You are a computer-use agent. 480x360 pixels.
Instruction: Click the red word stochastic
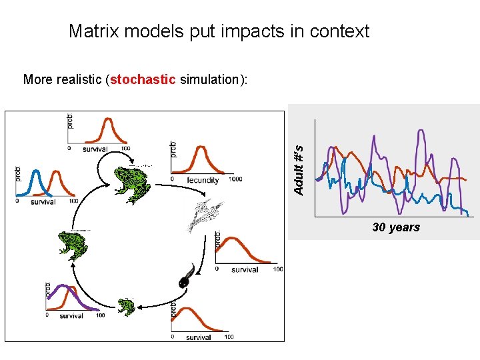click(143, 80)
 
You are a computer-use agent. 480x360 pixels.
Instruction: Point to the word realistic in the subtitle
click(78, 80)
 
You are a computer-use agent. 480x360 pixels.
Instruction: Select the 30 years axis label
click(396, 227)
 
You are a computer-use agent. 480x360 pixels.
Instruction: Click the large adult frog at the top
click(131, 181)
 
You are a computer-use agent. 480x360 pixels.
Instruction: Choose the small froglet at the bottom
click(126, 307)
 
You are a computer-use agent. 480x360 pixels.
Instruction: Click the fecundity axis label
click(203, 180)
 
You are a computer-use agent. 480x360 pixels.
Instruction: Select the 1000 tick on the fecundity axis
click(235, 179)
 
